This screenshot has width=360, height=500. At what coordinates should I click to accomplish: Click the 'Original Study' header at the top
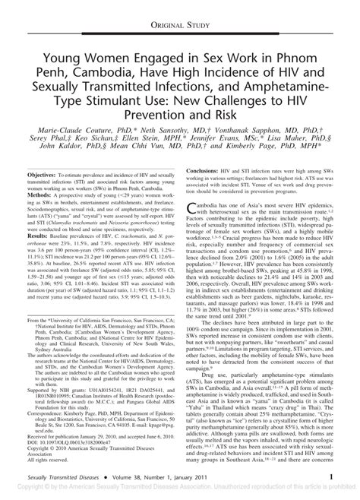coord(180,10)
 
